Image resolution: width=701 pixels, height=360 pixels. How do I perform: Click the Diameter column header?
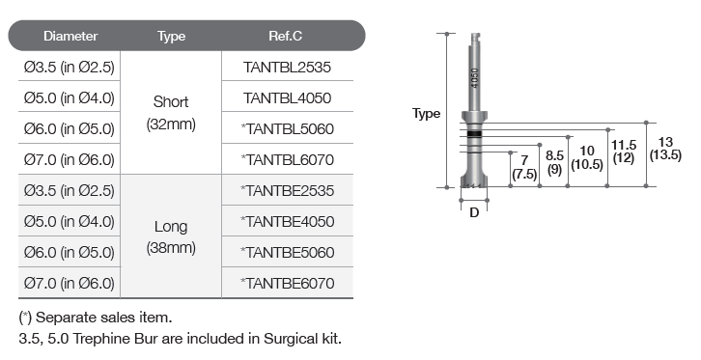coord(70,36)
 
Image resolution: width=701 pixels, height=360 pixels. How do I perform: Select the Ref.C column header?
coord(285,36)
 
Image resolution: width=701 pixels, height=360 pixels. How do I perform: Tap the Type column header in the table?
coord(171,37)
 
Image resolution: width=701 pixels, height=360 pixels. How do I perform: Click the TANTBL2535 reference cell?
coord(287,67)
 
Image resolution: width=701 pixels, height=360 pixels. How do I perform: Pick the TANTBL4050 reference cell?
coord(287,97)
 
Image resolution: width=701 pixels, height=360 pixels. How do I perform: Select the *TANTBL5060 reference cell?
coord(287,128)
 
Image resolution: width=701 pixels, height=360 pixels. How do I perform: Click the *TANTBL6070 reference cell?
coord(287,159)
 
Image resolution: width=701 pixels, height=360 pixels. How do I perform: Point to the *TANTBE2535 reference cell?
coord(287,191)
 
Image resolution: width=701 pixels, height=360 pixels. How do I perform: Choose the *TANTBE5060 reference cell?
coord(287,252)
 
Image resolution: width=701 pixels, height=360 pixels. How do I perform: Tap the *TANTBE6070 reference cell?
coord(287,283)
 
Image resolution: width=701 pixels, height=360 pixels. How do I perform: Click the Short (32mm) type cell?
coord(171,113)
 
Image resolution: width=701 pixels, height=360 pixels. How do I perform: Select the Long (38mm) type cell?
coord(171,236)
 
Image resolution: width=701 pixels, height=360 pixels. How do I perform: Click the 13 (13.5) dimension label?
coord(665,149)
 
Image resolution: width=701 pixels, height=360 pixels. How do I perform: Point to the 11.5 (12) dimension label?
coord(624,152)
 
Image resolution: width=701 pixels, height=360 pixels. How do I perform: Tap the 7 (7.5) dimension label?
coord(524,167)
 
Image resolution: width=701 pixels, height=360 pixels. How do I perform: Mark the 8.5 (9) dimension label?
coord(554,162)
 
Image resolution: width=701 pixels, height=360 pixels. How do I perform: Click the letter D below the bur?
coord(474,213)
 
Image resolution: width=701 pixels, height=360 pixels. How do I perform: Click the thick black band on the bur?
coord(474,133)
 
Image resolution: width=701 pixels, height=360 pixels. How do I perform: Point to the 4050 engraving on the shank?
coord(474,78)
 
